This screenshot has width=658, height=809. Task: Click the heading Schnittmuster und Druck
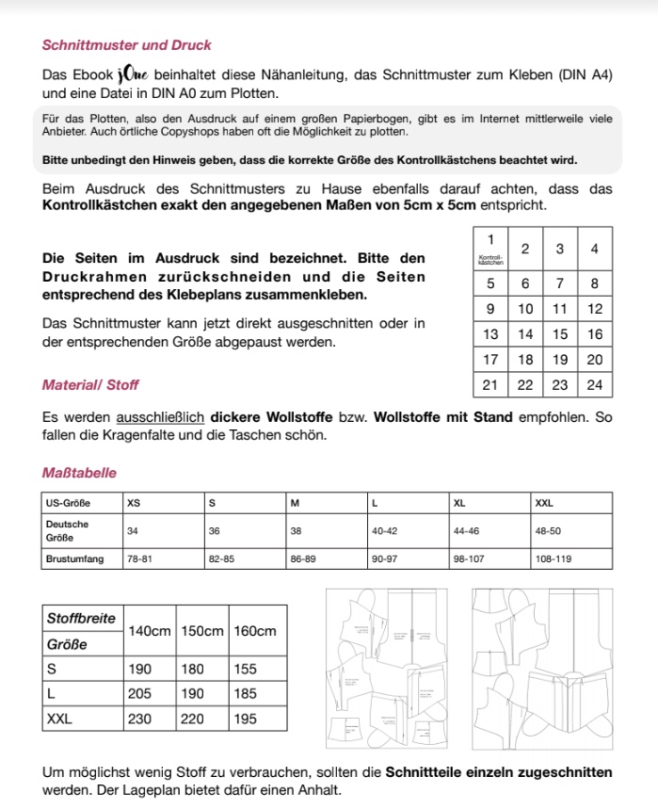point(127,45)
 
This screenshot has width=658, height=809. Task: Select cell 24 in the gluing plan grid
point(594,385)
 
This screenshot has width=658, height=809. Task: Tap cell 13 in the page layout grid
point(490,334)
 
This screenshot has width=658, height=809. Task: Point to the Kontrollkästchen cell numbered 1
point(490,251)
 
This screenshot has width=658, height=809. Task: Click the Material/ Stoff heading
point(90,384)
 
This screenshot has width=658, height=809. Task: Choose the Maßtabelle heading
point(80,473)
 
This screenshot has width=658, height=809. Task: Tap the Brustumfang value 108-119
point(554,558)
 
